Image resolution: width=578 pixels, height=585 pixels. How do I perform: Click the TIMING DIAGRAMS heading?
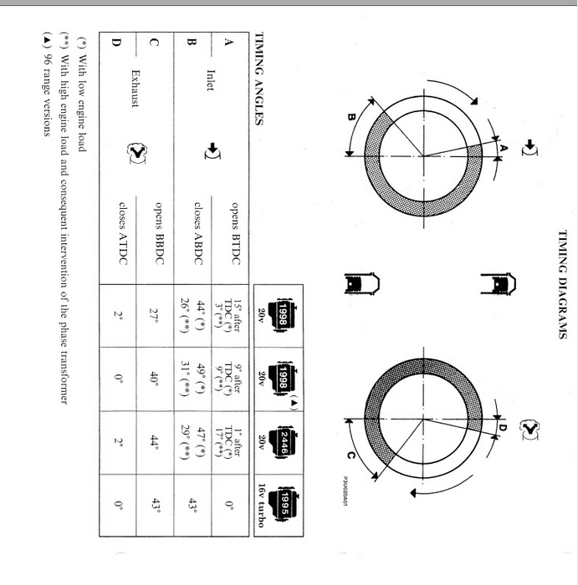(563, 285)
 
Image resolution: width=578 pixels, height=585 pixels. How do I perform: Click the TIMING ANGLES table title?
(258, 79)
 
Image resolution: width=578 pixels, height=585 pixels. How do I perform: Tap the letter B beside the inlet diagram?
(351, 117)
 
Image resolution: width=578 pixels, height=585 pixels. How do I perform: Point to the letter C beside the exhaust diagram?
(350, 455)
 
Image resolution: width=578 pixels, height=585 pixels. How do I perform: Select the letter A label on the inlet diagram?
(504, 148)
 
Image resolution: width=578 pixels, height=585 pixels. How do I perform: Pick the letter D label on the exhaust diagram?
(503, 427)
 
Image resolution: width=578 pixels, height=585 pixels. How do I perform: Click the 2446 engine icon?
(284, 443)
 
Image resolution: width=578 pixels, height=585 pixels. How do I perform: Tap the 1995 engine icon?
(284, 504)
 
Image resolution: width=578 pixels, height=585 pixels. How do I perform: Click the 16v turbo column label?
(261, 506)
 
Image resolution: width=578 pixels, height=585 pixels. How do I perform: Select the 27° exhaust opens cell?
(155, 316)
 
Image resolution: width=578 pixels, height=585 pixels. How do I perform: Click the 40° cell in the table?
(155, 379)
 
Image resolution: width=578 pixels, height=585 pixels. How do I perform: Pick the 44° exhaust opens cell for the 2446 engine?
(155, 442)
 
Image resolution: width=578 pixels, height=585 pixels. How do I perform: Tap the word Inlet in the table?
(211, 80)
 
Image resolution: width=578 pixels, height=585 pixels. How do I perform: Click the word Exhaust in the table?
(136, 89)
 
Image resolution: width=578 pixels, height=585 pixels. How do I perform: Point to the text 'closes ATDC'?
(123, 233)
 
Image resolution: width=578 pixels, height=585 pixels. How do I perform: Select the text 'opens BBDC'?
(160, 233)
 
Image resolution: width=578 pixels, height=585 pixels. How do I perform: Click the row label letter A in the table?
(228, 42)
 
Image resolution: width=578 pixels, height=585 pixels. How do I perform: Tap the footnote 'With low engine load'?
(82, 94)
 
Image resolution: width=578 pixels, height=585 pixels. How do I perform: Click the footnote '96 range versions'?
(47, 84)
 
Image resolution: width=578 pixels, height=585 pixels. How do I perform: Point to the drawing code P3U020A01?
(345, 491)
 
